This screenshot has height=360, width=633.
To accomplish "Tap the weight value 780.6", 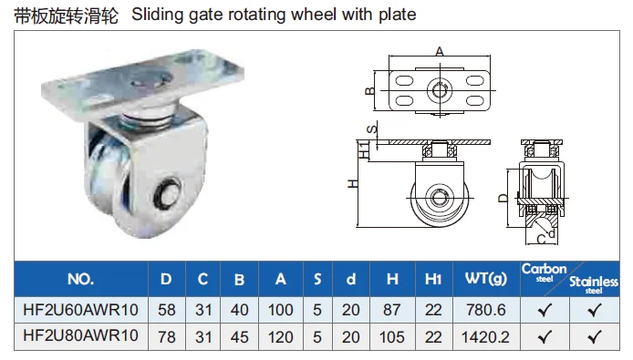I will point(486,310).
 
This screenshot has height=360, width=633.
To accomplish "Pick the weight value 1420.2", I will point(486,335).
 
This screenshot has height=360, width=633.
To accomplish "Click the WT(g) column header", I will point(485,279).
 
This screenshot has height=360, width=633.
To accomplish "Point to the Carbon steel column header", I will point(544,273).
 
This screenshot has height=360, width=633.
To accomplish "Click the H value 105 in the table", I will point(392,335).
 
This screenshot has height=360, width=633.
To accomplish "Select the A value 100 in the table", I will point(280,310).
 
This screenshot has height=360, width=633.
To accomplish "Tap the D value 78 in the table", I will point(166,335).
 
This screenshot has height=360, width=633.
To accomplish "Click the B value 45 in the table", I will point(240,335).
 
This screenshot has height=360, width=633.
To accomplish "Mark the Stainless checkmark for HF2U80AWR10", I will point(595,335).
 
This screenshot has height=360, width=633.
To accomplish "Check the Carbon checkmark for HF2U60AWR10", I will point(545,310).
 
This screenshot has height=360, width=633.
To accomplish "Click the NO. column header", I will point(80,279).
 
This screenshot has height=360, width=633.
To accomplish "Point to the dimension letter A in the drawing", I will point(440,51).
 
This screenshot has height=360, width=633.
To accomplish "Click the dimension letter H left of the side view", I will point(351,184).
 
